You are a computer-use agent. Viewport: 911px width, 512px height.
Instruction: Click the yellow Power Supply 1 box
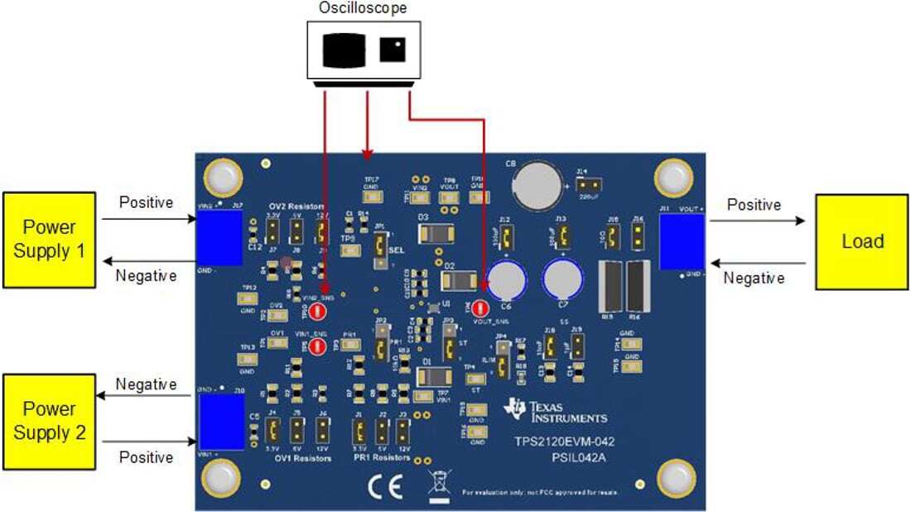(x=50, y=240)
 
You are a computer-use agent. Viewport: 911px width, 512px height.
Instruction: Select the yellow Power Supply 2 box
(x=50, y=421)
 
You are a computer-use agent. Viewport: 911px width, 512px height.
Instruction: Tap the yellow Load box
(x=861, y=242)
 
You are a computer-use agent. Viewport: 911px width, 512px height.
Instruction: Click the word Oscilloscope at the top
(x=363, y=8)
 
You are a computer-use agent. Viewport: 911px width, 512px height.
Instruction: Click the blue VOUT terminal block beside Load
(x=681, y=241)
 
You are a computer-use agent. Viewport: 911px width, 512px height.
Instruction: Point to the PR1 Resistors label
(x=381, y=457)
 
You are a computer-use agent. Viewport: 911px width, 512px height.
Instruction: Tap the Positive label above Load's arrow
(x=754, y=205)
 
